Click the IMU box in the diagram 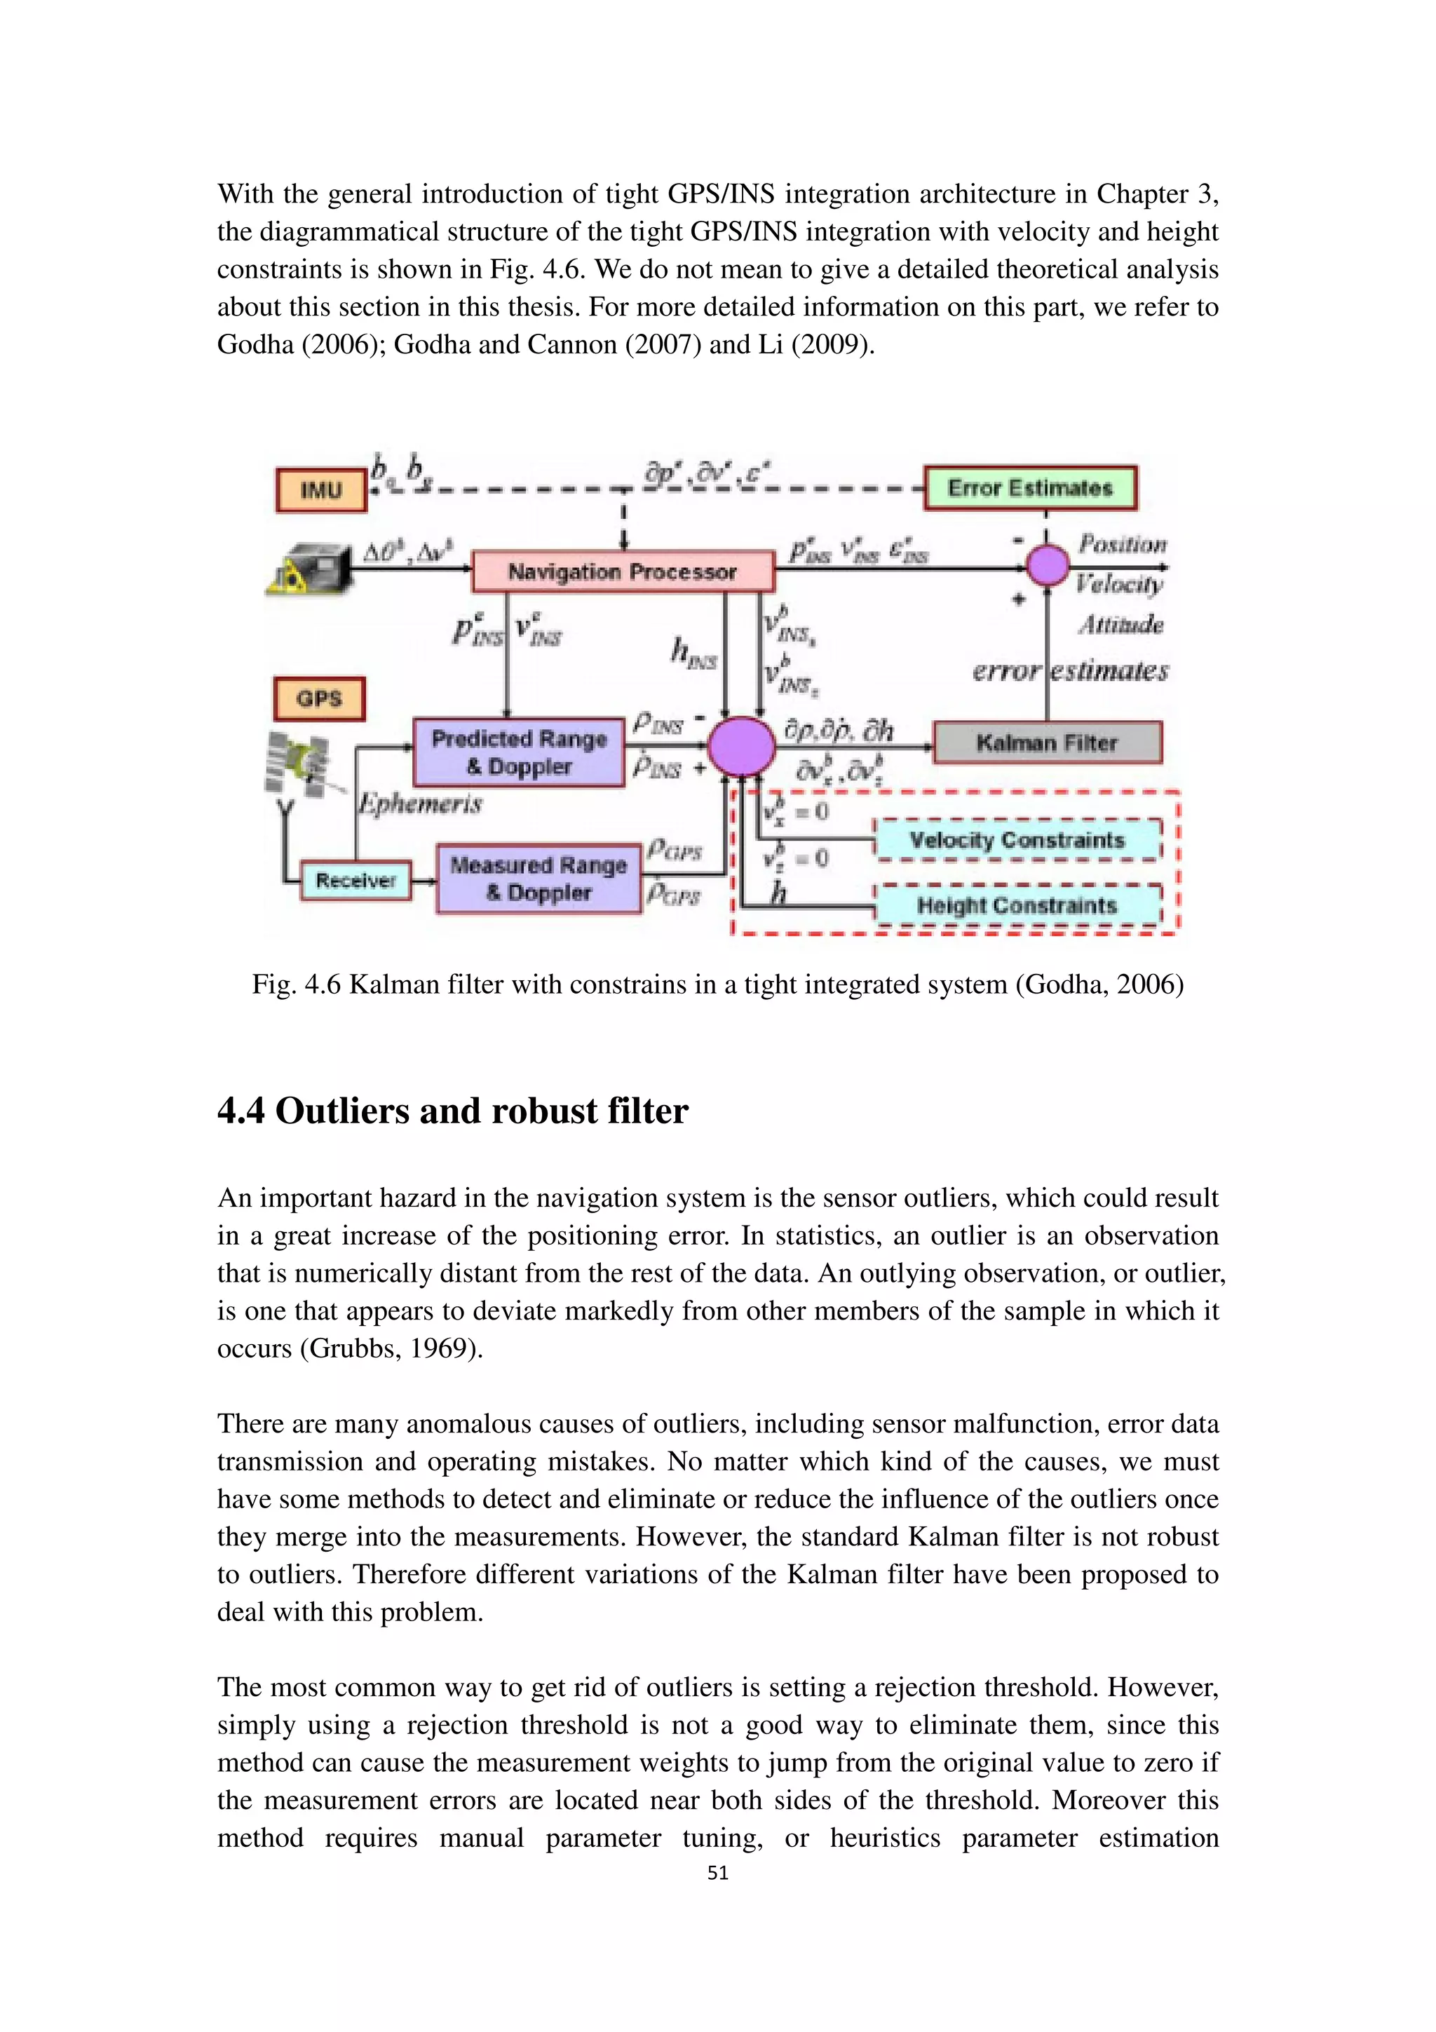click(x=320, y=490)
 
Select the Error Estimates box click(x=1030, y=487)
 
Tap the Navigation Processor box click(x=622, y=571)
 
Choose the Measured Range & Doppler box click(x=538, y=878)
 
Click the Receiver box click(x=355, y=881)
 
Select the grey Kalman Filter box click(x=1047, y=743)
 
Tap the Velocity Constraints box click(x=1017, y=840)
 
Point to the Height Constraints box click(x=1017, y=905)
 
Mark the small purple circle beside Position click(x=1048, y=564)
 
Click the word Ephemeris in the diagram click(x=420, y=804)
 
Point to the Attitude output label click(x=1120, y=625)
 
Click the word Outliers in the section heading click(x=341, y=1111)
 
